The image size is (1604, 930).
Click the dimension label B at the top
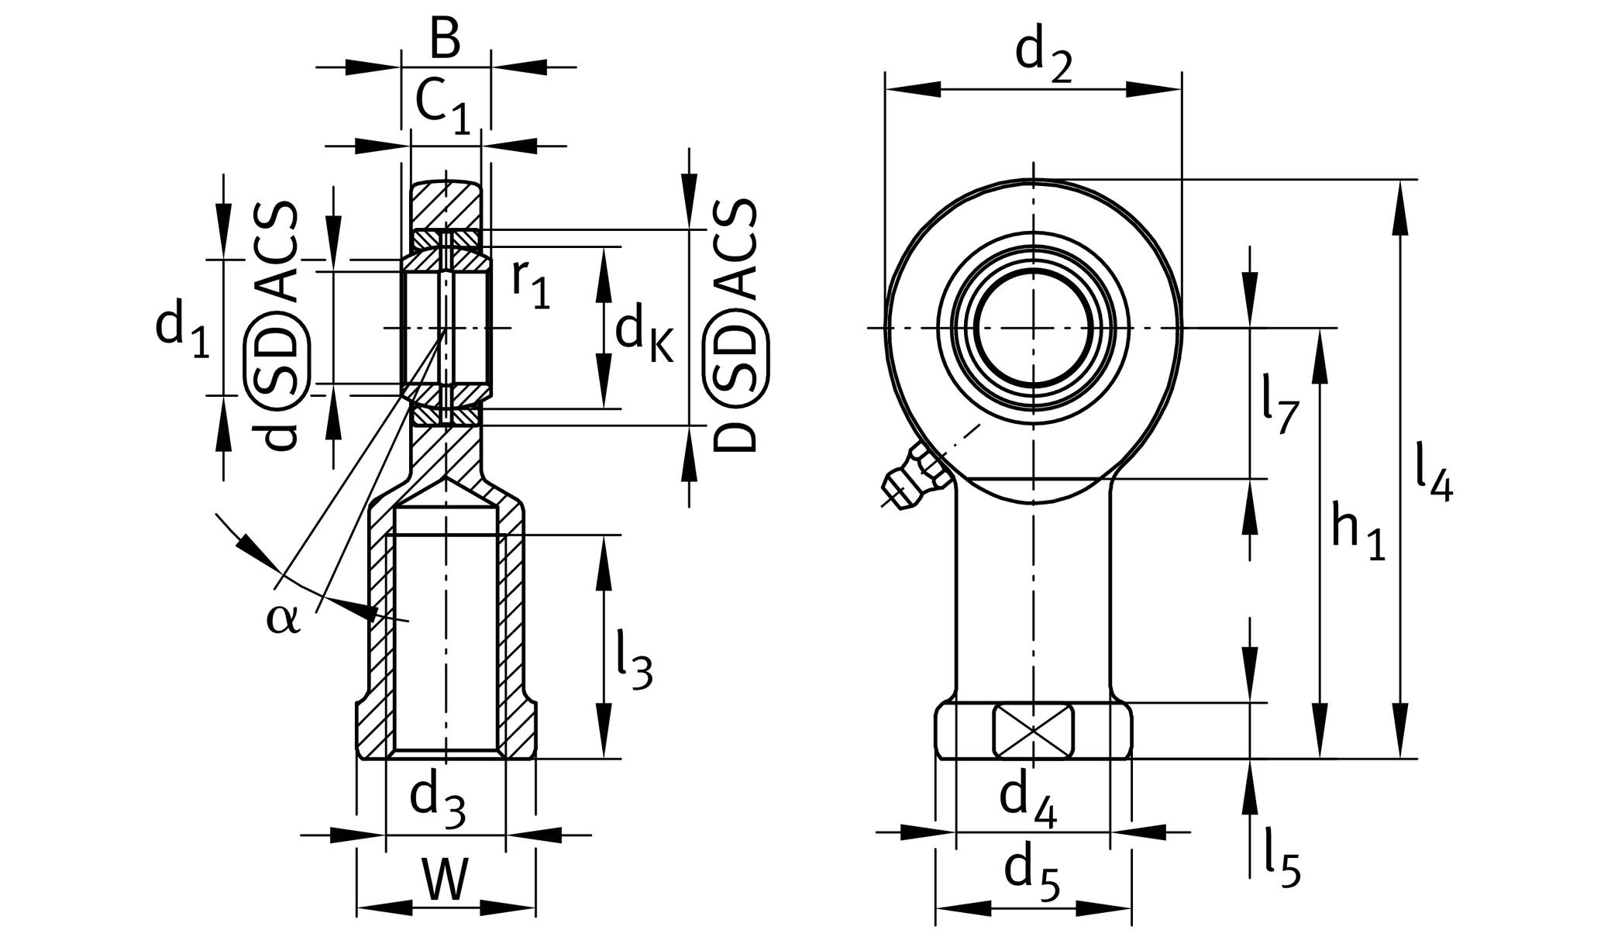(x=445, y=39)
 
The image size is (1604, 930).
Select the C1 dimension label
(x=442, y=107)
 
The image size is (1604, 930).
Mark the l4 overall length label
(x=1434, y=473)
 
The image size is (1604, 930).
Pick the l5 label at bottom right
(x=1282, y=856)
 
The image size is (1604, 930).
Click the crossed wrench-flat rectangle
(x=1033, y=730)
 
